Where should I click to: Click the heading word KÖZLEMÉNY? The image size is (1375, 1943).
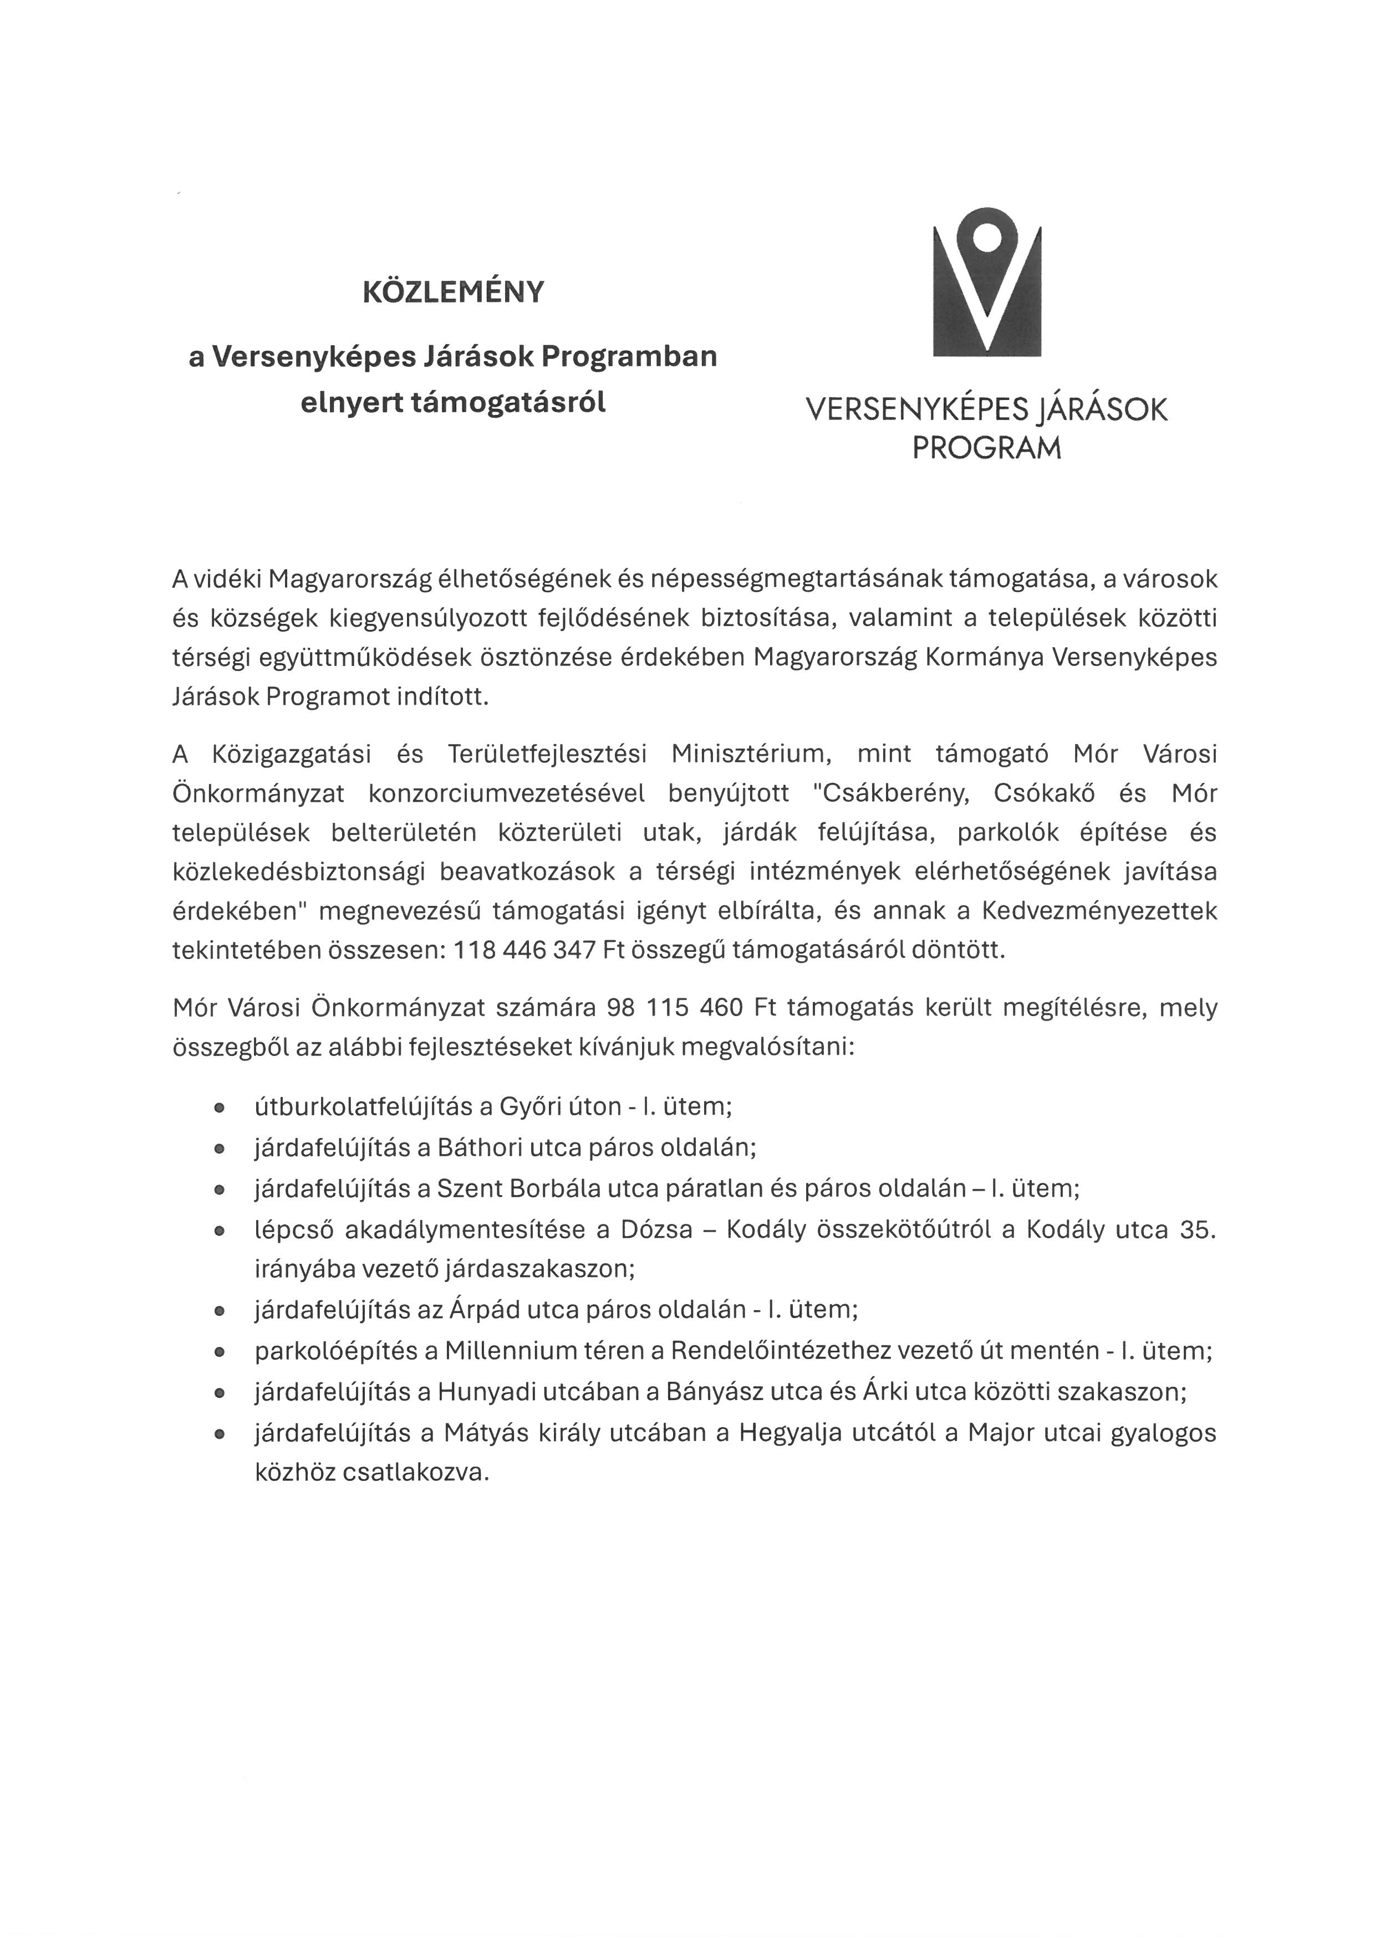pyautogui.click(x=453, y=292)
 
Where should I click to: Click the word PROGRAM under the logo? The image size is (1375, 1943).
pyautogui.click(x=986, y=448)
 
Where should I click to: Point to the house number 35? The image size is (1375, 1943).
pyautogui.click(x=1196, y=1229)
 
